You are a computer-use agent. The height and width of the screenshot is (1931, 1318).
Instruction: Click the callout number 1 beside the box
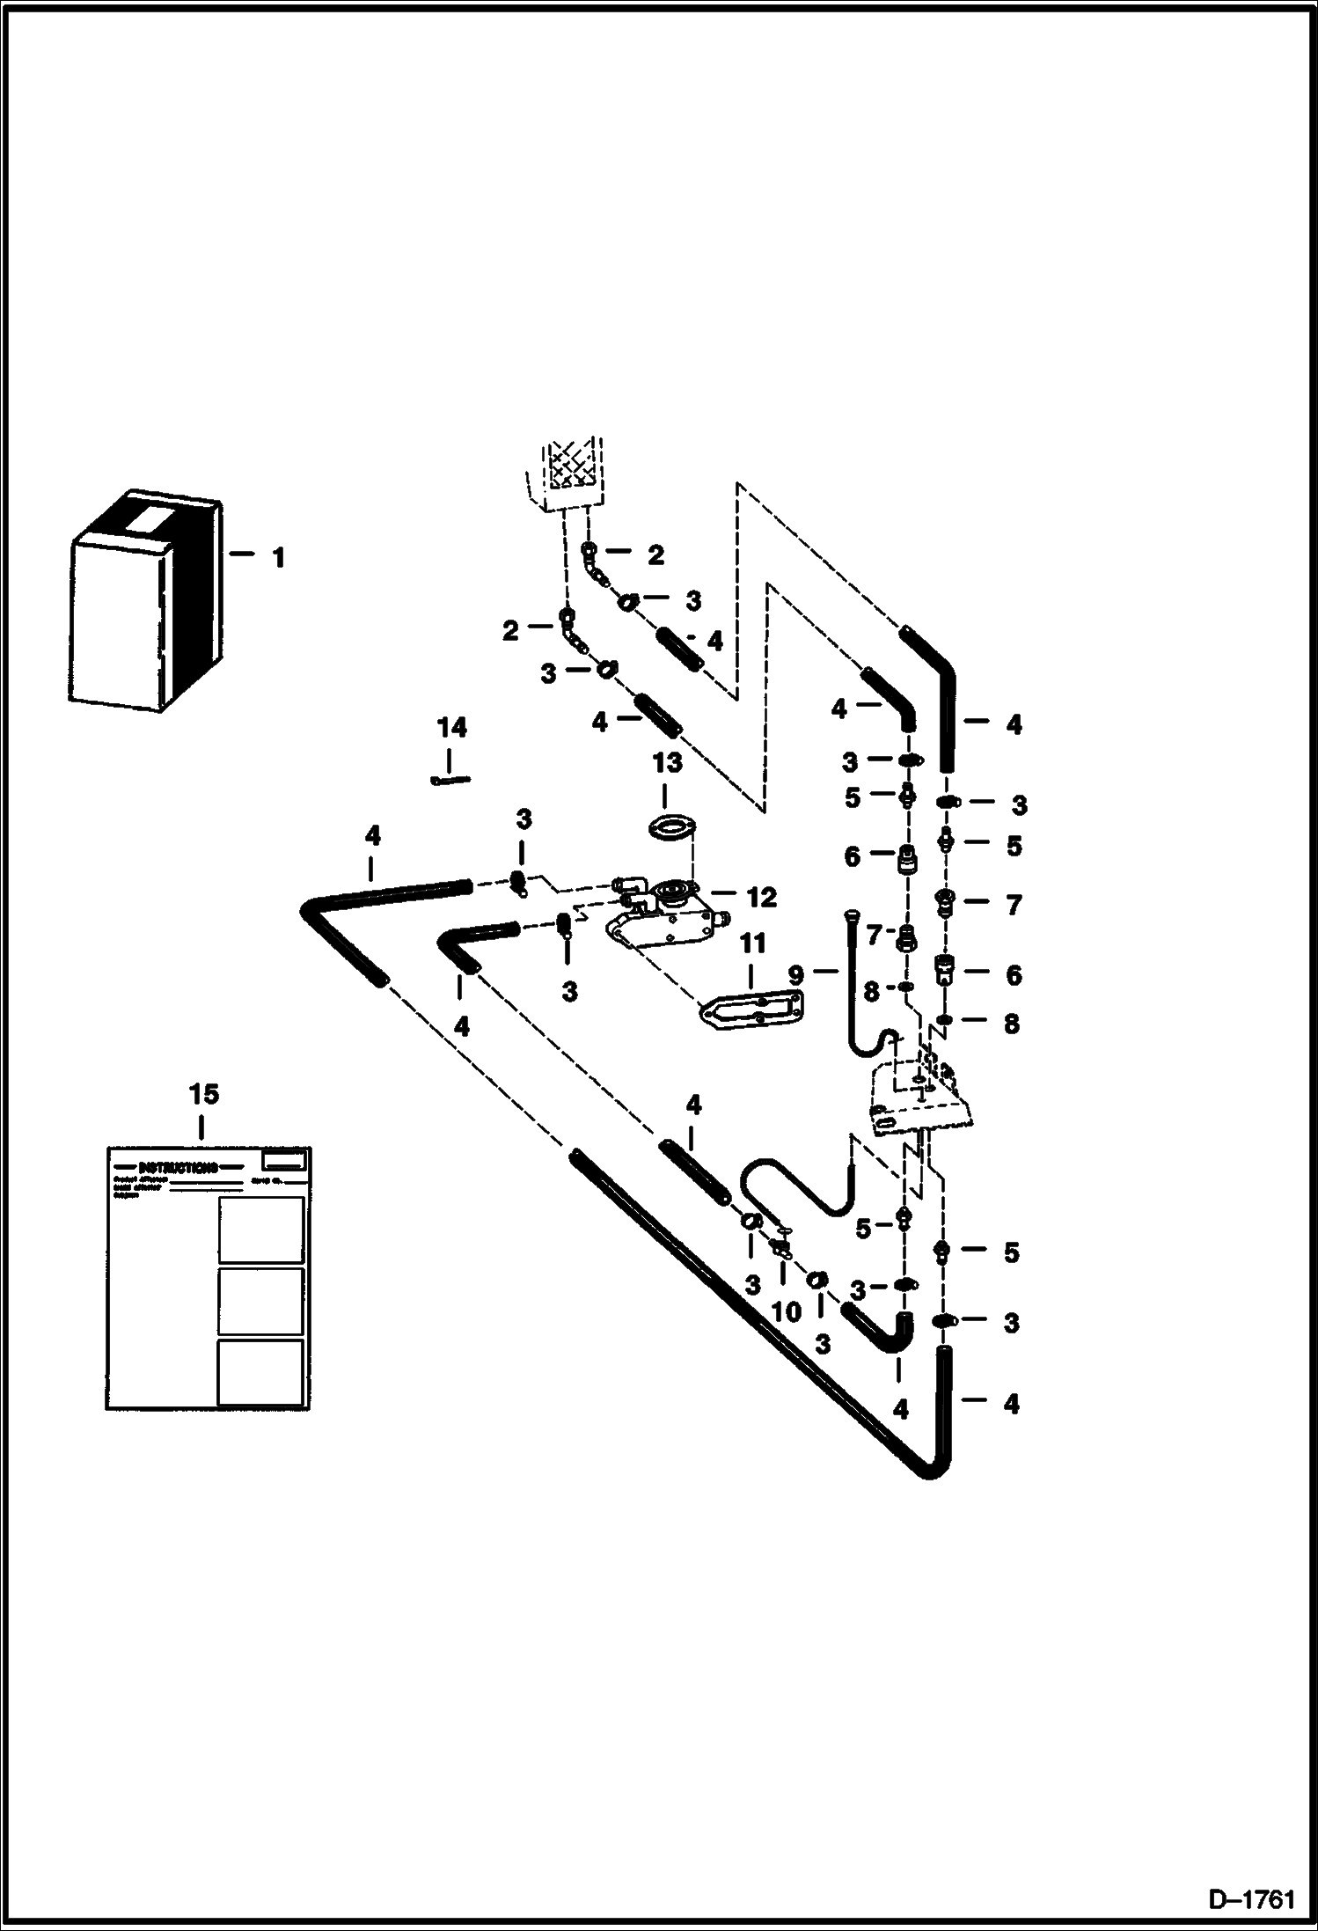[x=278, y=558]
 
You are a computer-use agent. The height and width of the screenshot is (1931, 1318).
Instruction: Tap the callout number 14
[x=451, y=728]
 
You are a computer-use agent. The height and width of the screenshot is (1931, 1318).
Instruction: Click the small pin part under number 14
[x=451, y=779]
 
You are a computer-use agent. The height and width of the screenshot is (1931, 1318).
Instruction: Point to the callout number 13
[x=667, y=762]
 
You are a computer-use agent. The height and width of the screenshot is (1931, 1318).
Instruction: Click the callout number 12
[x=761, y=898]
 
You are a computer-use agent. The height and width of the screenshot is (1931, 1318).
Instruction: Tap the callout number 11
[x=752, y=944]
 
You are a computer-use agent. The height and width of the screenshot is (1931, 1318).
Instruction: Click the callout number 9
[x=796, y=974]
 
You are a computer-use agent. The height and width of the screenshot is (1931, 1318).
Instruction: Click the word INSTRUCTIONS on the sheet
[x=179, y=1168]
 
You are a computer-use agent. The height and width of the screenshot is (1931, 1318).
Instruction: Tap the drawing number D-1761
[x=1252, y=1901]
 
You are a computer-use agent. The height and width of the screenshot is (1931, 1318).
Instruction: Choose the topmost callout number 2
[x=655, y=555]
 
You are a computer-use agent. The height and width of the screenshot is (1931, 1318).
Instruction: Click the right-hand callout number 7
[x=1013, y=905]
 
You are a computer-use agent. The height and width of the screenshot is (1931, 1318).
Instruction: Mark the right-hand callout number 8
[x=1011, y=1024]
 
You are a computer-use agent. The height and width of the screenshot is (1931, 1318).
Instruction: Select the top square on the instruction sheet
[x=260, y=1230]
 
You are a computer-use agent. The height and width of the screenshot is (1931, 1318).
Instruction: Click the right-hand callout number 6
[x=1014, y=975]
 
